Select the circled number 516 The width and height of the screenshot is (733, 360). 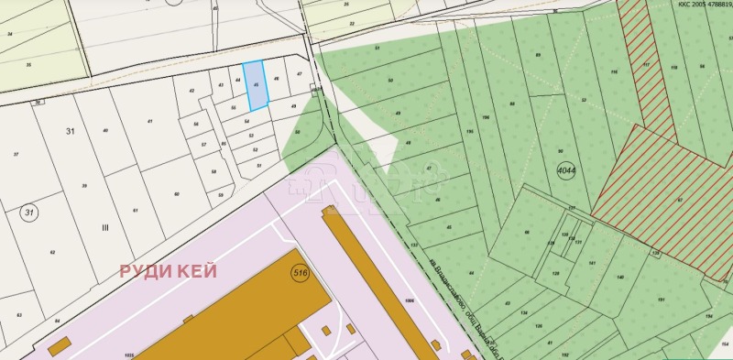pos(299,273)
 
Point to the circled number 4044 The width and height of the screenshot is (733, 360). pos(567,170)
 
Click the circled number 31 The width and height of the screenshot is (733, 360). pos(29,213)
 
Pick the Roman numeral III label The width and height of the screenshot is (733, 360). pos(104,227)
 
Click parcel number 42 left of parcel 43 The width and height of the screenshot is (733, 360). pos(191,91)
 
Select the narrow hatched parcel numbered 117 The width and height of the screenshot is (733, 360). pos(646,64)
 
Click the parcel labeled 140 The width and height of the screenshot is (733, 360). pos(620,277)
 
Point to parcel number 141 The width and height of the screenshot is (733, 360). pos(592,263)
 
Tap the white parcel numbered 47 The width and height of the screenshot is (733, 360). pos(299,72)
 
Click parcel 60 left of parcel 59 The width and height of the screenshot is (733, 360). pos(177,193)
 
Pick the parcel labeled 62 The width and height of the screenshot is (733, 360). pos(52,253)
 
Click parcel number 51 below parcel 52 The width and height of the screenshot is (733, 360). pos(258,165)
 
